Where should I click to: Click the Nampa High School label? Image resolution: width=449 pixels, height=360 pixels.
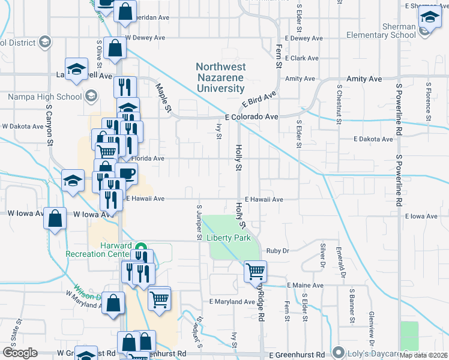coord(45,96)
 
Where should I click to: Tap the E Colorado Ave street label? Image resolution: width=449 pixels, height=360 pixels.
coord(252,118)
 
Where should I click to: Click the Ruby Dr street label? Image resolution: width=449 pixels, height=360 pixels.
coord(278,251)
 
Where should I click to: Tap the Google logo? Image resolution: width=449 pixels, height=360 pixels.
coord(20,353)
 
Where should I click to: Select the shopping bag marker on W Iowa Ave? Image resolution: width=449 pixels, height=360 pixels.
coord(55,219)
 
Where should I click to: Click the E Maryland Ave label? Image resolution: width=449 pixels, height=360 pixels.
coord(232,302)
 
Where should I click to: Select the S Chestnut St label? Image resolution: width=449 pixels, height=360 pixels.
coord(339,103)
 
